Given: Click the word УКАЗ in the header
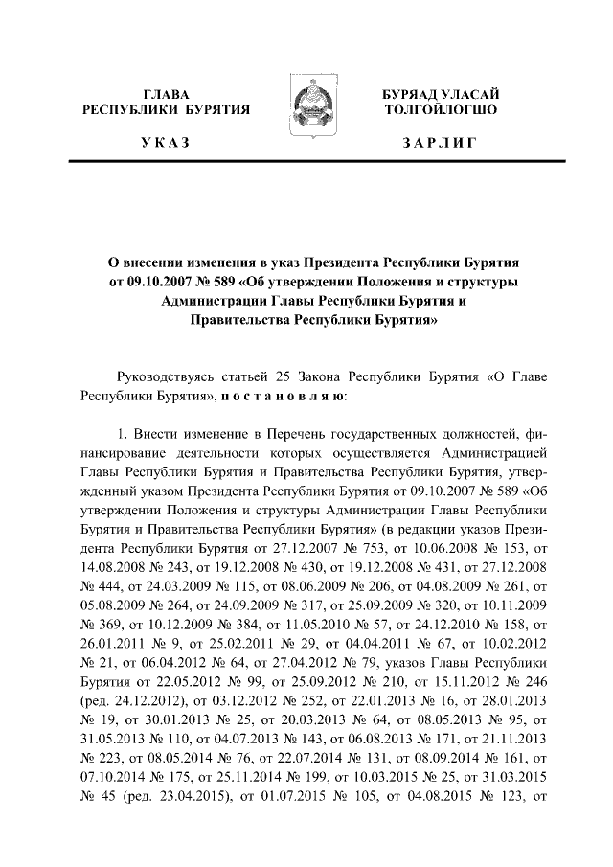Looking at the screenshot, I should [x=168, y=144].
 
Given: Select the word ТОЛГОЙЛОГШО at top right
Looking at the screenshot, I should [x=439, y=110].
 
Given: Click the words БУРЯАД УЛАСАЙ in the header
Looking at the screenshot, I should [x=439, y=93].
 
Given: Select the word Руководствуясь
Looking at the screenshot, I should [x=165, y=376].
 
